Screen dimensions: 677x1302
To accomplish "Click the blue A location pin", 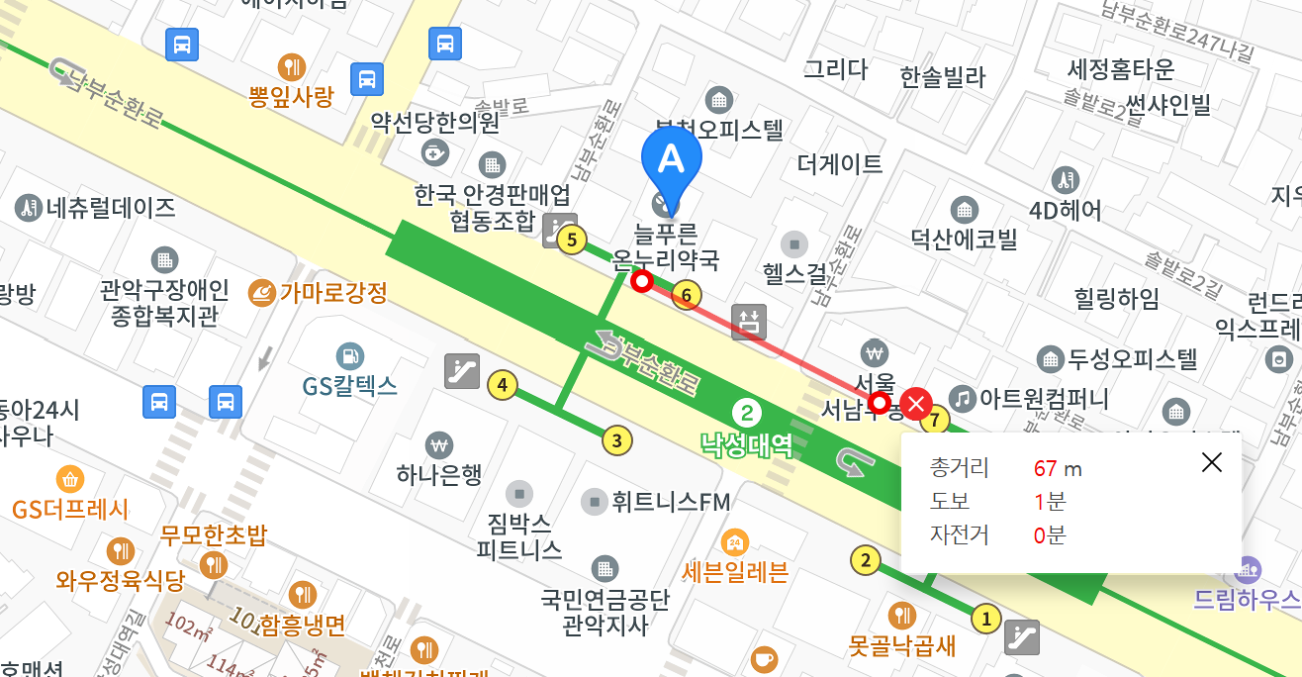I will [671, 163].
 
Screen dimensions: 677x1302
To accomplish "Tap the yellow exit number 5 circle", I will [572, 240].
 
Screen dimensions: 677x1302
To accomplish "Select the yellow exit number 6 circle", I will [686, 294].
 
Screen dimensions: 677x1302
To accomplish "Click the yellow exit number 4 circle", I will [504, 385].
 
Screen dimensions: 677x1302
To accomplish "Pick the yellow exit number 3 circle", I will [617, 440].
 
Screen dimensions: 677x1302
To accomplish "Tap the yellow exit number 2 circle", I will [866, 561].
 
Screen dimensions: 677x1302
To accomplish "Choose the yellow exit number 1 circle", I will [984, 620].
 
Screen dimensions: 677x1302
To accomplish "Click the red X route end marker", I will [917, 403].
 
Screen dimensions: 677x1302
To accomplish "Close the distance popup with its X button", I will [1211, 462].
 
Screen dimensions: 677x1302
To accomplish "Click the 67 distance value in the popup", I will [1045, 468].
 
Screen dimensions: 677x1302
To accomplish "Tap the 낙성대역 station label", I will [747, 444].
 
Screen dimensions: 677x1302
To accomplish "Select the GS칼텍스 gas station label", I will [350, 385].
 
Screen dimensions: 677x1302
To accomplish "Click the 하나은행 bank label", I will [438, 475].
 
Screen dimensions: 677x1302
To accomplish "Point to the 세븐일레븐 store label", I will [735, 571].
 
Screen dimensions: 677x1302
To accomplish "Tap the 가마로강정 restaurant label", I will [332, 293].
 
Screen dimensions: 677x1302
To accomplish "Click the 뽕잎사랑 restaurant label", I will [291, 96].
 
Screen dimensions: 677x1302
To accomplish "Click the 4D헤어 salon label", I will [1065, 210].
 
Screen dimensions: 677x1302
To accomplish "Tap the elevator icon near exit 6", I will [749, 322].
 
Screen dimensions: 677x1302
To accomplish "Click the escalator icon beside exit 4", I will [462, 370].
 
